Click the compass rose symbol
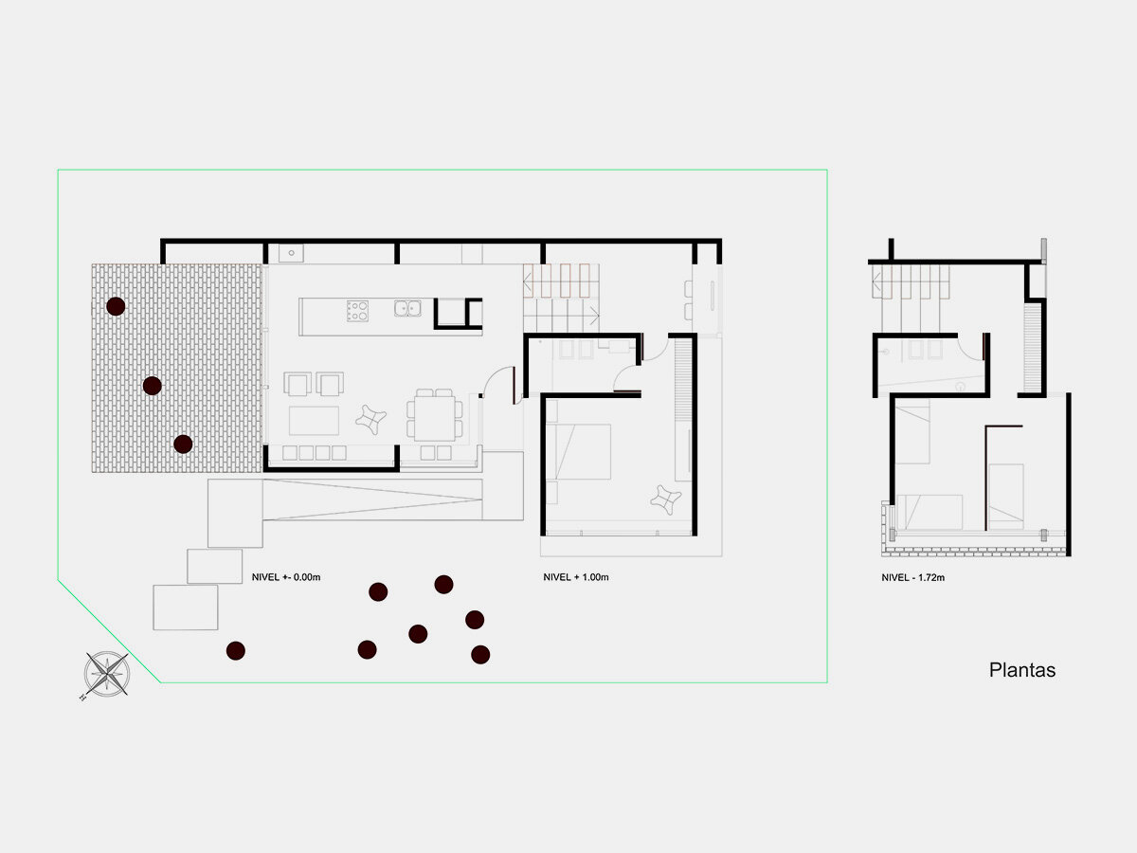pos(106,673)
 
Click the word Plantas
pos(1022,670)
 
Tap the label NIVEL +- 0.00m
pos(286,577)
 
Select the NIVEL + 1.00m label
pos(576,577)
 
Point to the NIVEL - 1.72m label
pos(914,577)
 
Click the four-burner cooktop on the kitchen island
pos(357,310)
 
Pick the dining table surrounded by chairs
pos(436,415)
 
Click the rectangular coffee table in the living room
pos(314,420)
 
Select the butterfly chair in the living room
pos(370,418)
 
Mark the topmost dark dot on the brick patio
pos(116,306)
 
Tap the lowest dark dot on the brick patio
pos(184,444)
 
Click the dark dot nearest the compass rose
pos(236,650)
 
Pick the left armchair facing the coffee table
pos(298,384)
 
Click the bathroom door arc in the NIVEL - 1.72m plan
pos(970,351)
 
